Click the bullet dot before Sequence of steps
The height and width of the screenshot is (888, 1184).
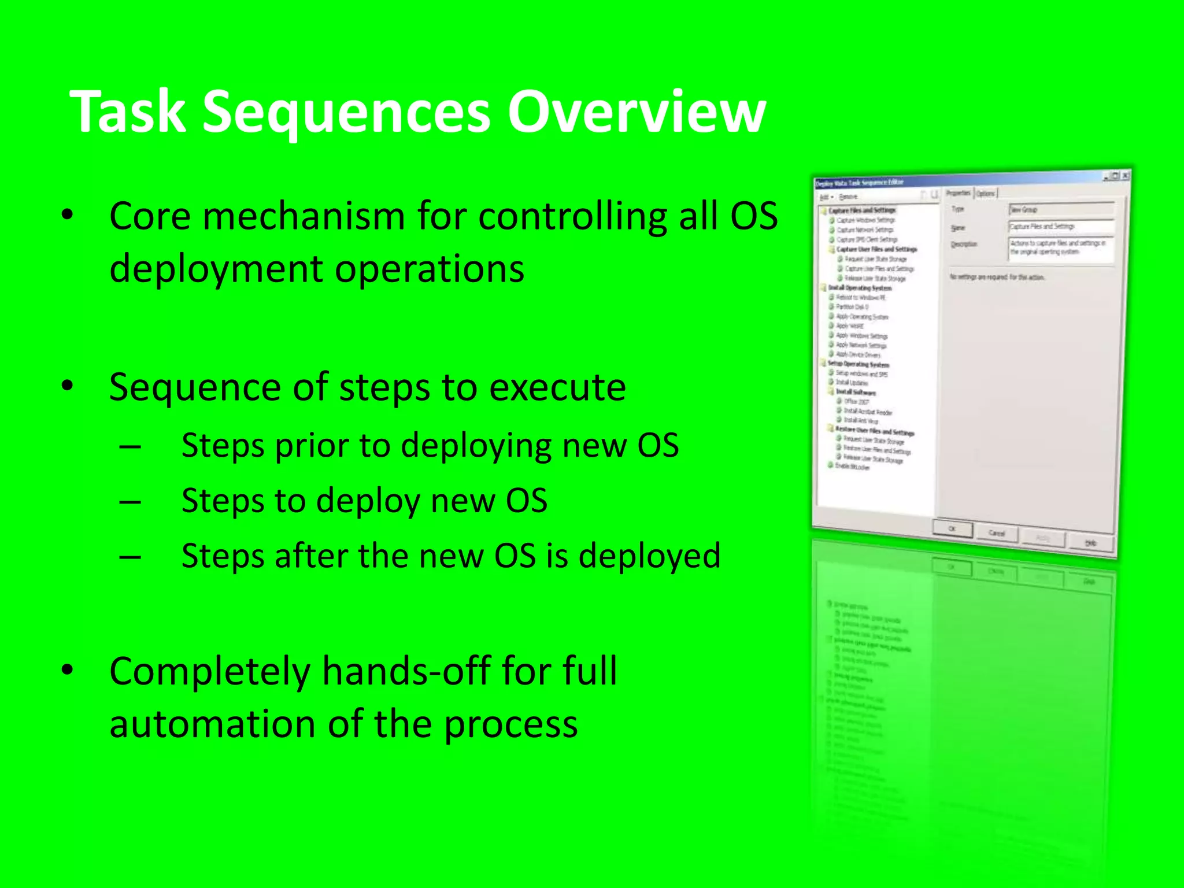coord(68,386)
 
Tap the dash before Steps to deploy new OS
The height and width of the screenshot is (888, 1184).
coord(130,501)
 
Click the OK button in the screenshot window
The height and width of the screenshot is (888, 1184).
coord(952,528)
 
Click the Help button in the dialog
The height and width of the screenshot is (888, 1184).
coord(1090,543)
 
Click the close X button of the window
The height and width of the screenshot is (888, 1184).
coord(1124,175)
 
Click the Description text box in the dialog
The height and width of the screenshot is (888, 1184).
coord(1060,249)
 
